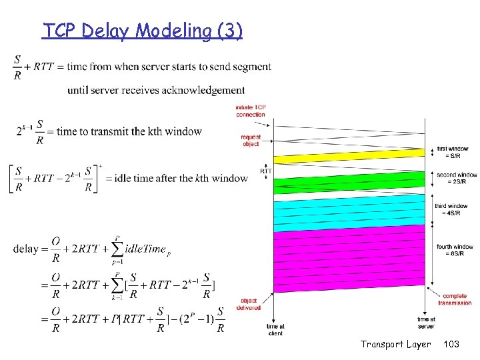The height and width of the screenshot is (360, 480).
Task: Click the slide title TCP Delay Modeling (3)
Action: coord(143,31)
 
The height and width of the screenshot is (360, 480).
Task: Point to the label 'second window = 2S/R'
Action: coord(456,178)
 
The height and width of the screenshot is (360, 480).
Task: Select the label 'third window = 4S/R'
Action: coord(451,209)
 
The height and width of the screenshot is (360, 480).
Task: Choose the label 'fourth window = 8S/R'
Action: coord(455,250)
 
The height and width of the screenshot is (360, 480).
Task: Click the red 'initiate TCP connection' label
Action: coord(251,111)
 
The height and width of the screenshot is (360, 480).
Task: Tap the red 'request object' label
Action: coord(251,140)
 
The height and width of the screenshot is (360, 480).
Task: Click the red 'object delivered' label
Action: coord(249,304)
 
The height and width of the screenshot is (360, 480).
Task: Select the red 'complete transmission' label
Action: coord(455,299)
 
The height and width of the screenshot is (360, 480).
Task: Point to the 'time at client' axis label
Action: coord(275,329)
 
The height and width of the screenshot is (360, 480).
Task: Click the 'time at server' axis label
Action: coord(426,323)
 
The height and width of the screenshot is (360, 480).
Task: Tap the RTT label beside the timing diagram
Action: coord(266,171)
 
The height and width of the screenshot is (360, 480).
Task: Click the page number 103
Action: coord(451,345)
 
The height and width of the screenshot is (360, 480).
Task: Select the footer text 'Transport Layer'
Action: coord(395,345)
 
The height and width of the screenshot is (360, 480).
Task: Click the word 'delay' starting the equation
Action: coord(25,249)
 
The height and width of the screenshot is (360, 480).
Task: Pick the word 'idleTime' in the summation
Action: coord(144,249)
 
